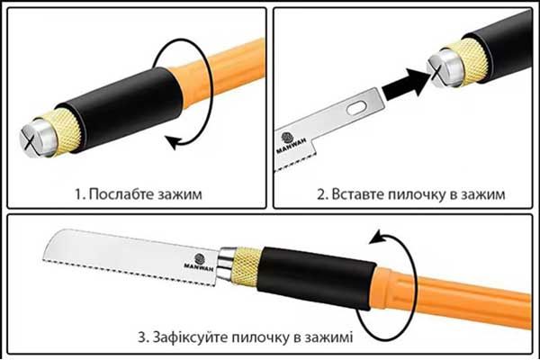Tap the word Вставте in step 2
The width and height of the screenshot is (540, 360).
click(x=358, y=193)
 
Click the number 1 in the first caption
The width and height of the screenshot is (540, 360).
click(x=78, y=193)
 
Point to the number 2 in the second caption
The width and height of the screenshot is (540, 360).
click(x=321, y=193)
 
